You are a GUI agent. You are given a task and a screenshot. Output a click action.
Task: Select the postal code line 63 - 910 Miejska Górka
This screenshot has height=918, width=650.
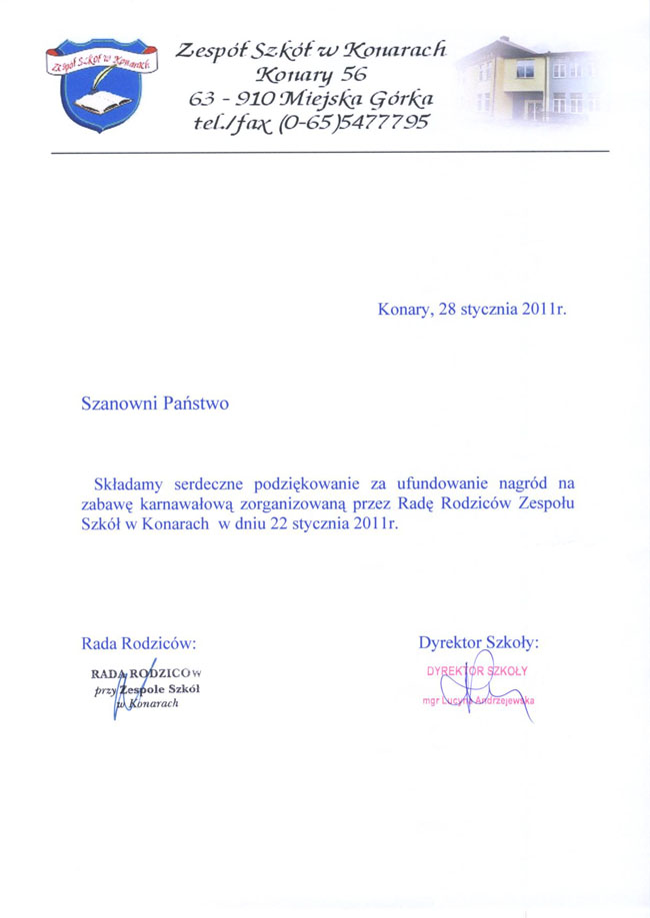pyautogui.click(x=311, y=98)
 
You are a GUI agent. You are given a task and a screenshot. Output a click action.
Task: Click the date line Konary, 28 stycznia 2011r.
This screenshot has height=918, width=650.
pyautogui.click(x=472, y=310)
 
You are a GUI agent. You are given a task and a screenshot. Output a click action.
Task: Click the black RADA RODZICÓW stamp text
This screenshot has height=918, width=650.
pyautogui.click(x=146, y=672)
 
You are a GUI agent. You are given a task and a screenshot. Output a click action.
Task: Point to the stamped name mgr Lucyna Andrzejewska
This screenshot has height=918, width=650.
pyautogui.click(x=478, y=701)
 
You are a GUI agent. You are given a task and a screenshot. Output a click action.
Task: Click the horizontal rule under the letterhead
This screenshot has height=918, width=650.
pyautogui.click(x=329, y=150)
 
